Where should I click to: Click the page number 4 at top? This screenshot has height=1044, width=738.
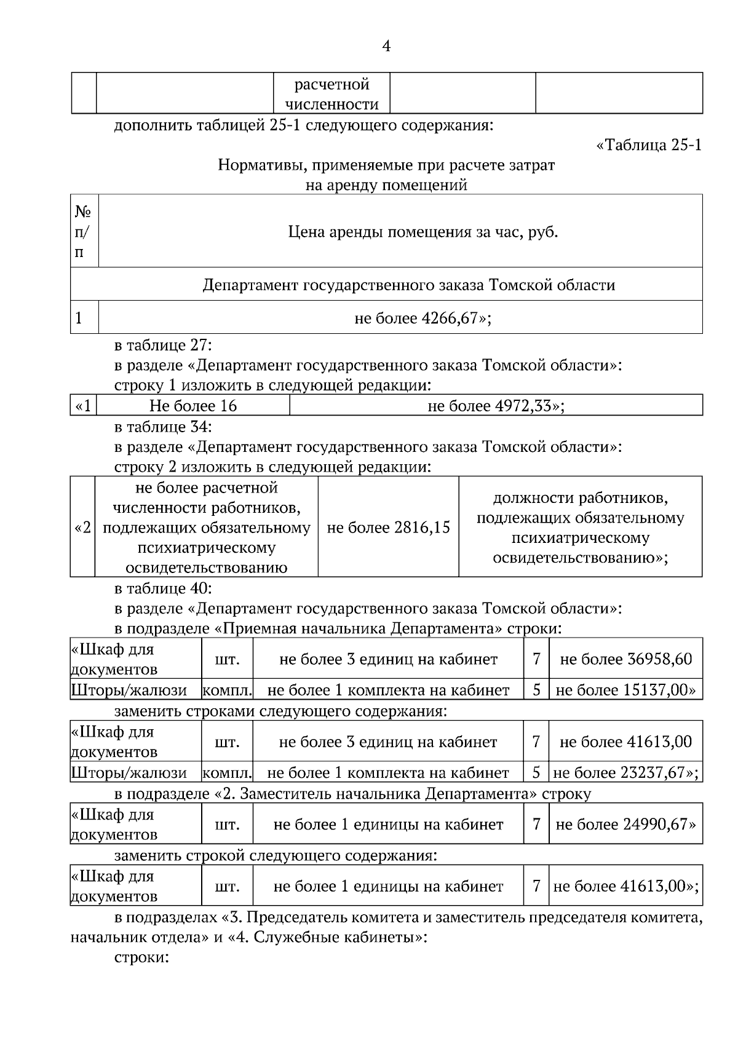tap(386, 46)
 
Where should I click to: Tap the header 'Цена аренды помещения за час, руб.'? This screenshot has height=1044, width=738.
tap(423, 232)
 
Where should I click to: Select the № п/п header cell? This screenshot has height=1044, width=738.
tap(84, 232)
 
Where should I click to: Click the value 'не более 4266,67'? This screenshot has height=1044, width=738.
tap(422, 318)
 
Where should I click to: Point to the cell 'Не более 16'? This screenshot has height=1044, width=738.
tap(192, 406)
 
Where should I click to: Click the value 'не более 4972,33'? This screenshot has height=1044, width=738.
tap(496, 406)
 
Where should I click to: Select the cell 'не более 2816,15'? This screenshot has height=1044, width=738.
tap(388, 527)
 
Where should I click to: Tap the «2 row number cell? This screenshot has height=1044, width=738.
tap(82, 528)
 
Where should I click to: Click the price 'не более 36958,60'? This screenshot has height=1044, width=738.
tap(625, 659)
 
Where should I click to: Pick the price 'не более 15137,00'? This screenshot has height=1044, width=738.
tap(625, 690)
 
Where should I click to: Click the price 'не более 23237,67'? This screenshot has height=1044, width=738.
tap(625, 772)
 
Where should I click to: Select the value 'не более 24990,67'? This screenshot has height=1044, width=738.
tap(625, 824)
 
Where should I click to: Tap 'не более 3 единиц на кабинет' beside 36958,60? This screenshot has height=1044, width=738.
tap(388, 659)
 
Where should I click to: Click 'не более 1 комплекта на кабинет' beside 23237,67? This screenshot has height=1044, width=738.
tap(388, 772)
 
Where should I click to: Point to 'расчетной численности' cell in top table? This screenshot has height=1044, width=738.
tap(331, 93)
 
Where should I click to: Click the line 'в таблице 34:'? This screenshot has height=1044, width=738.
tap(163, 426)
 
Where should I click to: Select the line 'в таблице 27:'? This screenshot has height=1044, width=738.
tap(163, 345)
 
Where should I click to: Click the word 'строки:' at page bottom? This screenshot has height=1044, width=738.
tap(141, 958)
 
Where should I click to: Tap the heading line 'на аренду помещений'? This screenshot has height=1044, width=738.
tap(386, 184)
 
